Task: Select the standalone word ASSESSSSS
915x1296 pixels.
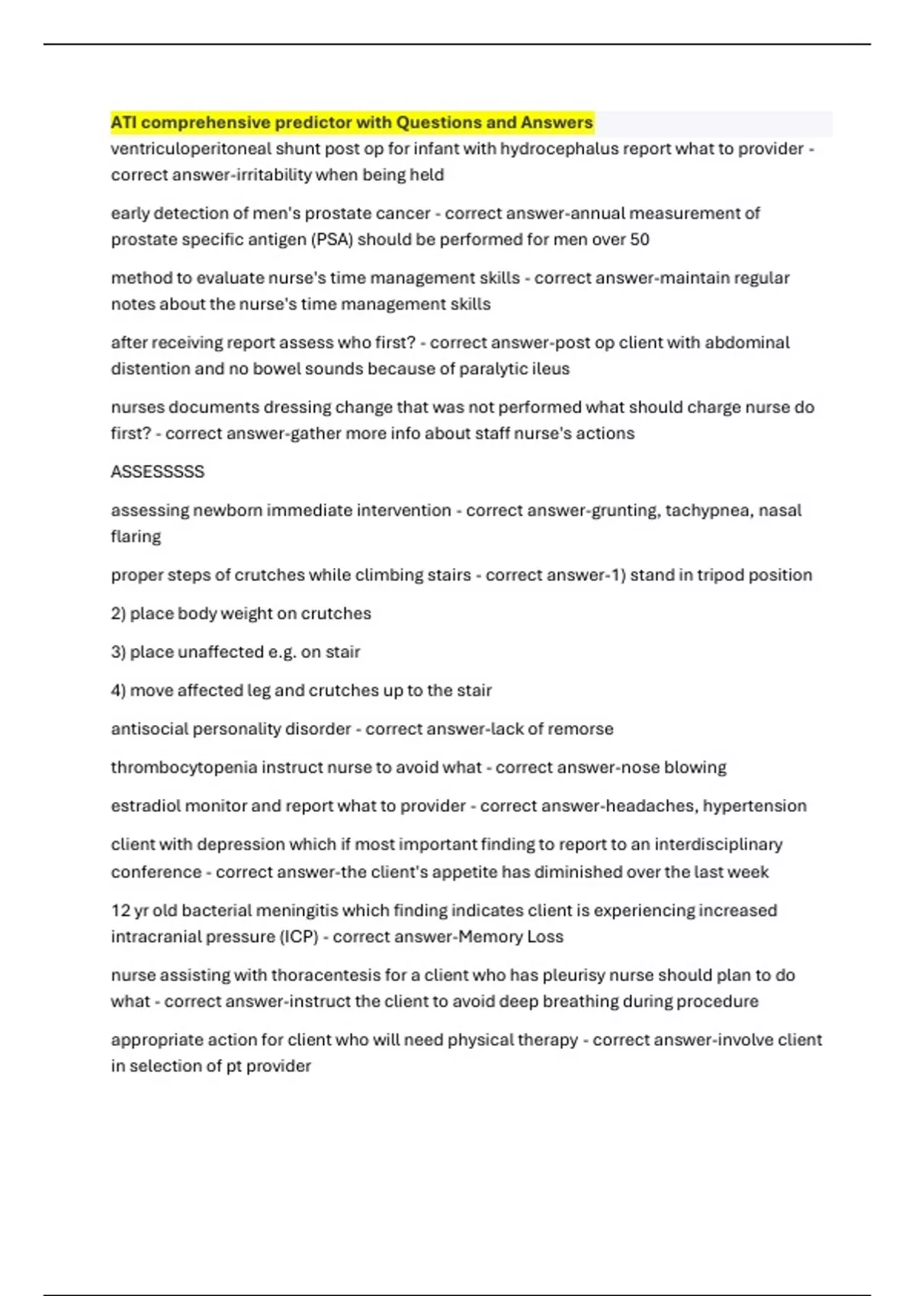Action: pos(158,472)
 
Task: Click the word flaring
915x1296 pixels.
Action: pos(136,537)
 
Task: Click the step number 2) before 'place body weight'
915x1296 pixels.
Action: pos(118,614)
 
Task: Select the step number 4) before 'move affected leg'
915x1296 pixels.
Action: pos(118,691)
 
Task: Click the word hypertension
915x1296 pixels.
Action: pos(754,806)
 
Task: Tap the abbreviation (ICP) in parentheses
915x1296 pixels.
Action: pos(300,937)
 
